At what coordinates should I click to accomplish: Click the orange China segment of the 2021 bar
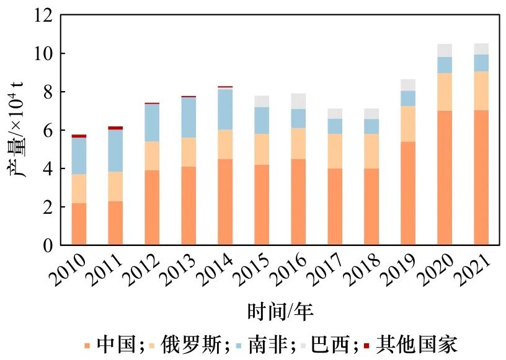pyautogui.click(x=481, y=177)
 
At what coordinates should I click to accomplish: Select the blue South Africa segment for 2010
pyautogui.click(x=79, y=156)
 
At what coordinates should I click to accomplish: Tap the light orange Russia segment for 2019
pyautogui.click(x=408, y=124)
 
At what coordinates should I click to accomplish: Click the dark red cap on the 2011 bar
pyautogui.click(x=115, y=128)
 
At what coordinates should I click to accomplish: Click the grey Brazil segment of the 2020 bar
pyautogui.click(x=445, y=50)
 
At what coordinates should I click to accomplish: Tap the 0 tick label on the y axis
pyautogui.click(x=48, y=245)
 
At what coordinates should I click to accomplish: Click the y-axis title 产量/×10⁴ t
pyautogui.click(x=18, y=131)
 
